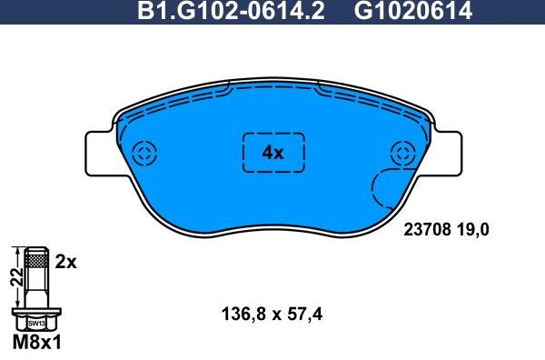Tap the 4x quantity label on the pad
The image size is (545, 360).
(x=272, y=153)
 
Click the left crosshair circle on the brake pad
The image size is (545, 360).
(x=144, y=152)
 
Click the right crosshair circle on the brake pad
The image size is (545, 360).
(x=401, y=153)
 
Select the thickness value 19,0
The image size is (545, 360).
(x=473, y=231)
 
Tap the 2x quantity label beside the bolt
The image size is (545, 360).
(x=64, y=262)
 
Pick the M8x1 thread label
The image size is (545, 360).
(x=36, y=345)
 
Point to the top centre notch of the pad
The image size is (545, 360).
(x=272, y=77)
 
